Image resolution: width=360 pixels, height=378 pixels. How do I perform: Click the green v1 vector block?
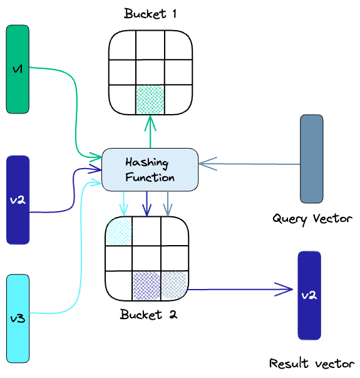tap(18, 70)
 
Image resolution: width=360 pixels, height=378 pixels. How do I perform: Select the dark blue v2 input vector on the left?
tap(18, 200)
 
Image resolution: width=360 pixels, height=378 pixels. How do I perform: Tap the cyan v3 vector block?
tap(18, 318)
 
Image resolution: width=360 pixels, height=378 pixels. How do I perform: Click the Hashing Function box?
tap(150, 169)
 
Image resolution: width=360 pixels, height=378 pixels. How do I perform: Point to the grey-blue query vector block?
tap(311, 159)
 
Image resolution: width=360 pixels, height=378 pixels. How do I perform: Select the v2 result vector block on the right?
tap(309, 295)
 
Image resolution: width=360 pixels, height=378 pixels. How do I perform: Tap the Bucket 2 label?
tap(148, 315)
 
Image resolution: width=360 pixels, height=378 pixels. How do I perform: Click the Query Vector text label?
tap(312, 219)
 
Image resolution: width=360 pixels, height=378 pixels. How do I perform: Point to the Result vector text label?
tap(312, 363)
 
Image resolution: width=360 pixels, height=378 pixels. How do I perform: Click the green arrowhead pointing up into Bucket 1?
tap(150, 120)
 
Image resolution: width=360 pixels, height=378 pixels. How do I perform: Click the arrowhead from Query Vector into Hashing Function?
tap(205, 163)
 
